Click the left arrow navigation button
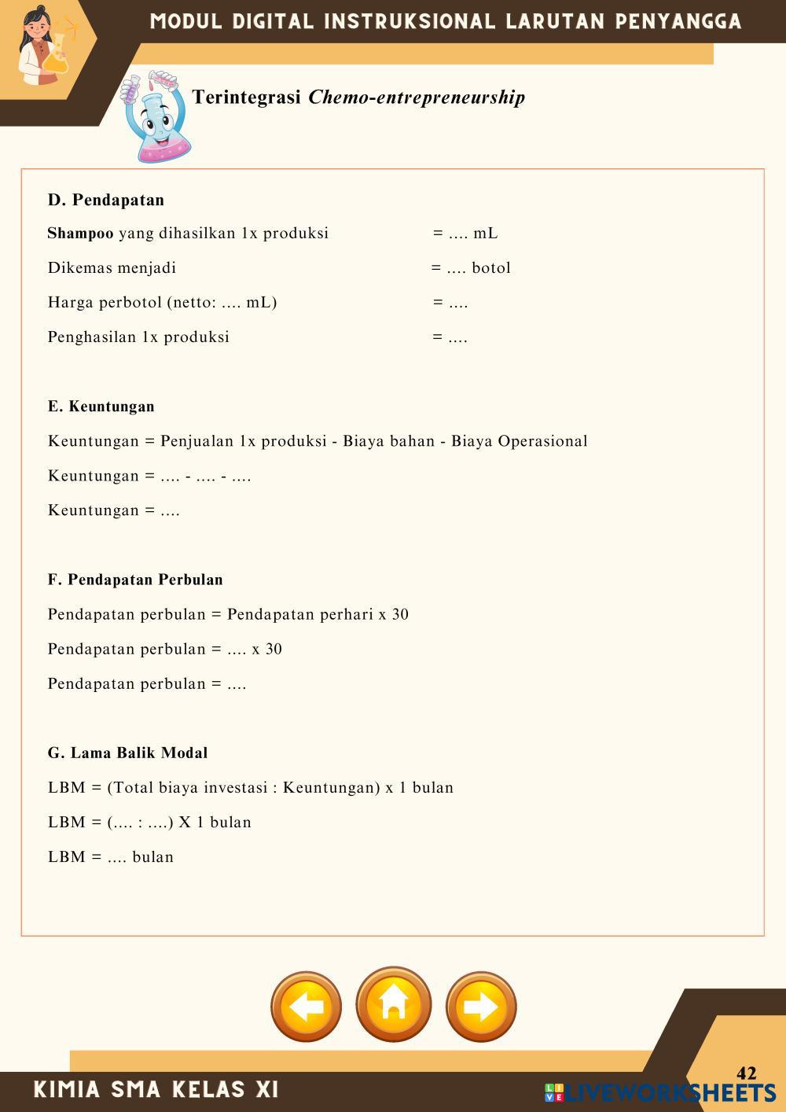click(x=307, y=1007)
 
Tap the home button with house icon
click(x=394, y=1004)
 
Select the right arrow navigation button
click(x=481, y=1007)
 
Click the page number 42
click(x=747, y=1073)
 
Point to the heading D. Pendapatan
click(x=106, y=200)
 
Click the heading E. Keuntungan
click(x=101, y=407)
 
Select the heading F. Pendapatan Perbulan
click(x=135, y=580)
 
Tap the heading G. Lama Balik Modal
click(x=128, y=753)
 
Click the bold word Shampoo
click(x=80, y=234)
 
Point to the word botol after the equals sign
click(x=491, y=268)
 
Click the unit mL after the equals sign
click(x=485, y=234)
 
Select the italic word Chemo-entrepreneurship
click(x=417, y=98)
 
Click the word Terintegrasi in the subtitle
click(x=247, y=98)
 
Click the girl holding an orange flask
click(x=43, y=47)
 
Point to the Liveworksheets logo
click(x=660, y=1092)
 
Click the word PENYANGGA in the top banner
click(x=678, y=21)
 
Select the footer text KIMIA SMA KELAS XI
click(x=156, y=1089)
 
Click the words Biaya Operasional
click(x=520, y=441)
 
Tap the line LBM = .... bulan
click(x=111, y=857)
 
